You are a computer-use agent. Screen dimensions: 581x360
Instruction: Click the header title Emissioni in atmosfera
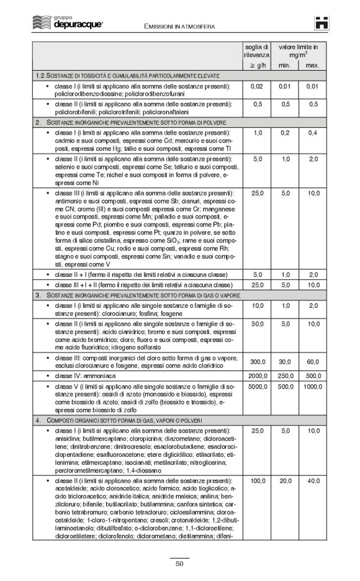[179, 27]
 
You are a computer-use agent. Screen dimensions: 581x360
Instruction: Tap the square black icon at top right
[320, 22]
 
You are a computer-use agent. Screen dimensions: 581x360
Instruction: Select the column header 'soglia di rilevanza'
[256, 51]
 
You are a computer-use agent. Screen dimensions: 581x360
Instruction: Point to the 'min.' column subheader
[285, 65]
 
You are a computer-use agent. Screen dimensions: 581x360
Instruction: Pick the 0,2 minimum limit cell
[285, 133]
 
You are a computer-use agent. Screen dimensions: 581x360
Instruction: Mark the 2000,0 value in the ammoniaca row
[256, 376]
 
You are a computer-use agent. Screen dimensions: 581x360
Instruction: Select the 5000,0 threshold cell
[256, 387]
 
